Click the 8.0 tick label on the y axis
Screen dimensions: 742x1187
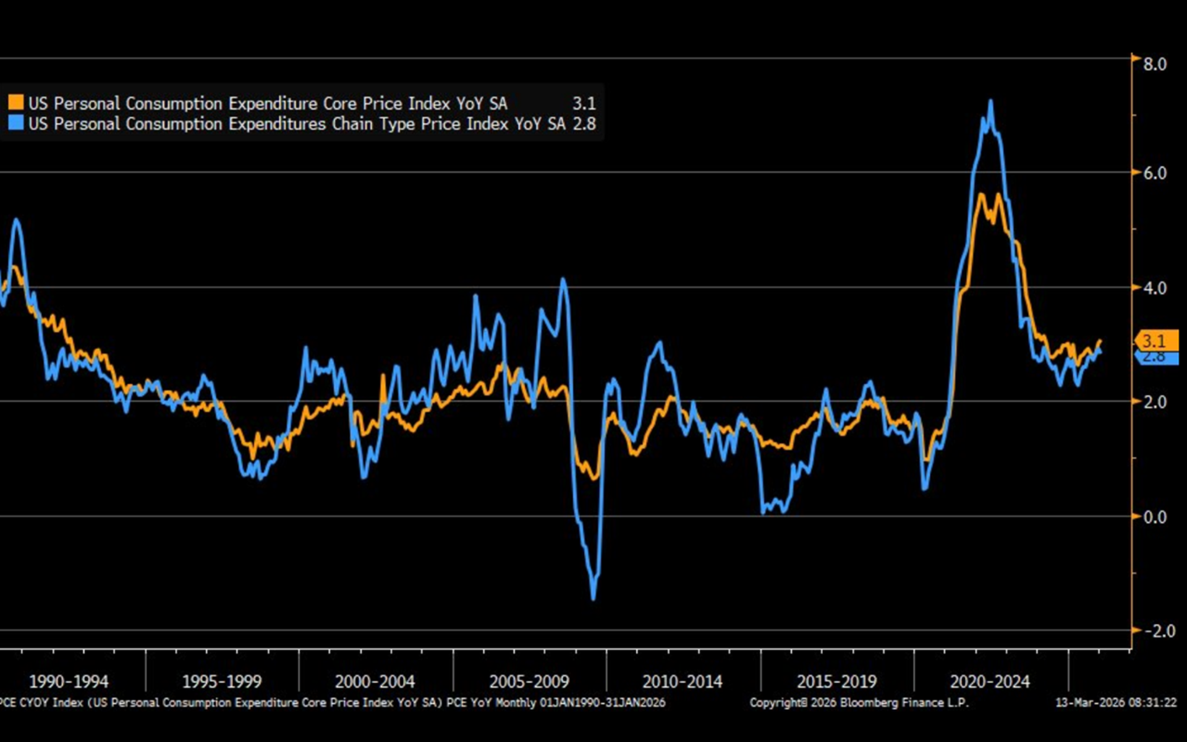(1154, 64)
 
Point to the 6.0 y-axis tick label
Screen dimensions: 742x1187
(1154, 173)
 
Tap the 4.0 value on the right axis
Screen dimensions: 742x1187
(1154, 288)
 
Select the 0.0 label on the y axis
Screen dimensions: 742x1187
(1154, 517)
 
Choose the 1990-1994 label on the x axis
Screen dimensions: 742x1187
(69, 682)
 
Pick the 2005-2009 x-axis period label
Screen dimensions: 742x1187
(529, 682)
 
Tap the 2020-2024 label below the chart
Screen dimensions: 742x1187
(990, 682)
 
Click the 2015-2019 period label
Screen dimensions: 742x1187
(836, 682)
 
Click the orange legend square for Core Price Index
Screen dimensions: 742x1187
(16, 102)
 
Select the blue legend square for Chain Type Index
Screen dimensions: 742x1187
(16, 122)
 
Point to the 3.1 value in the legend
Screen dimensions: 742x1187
(584, 103)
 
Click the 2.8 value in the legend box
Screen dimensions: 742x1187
(584, 124)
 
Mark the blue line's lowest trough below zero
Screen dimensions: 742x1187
(593, 597)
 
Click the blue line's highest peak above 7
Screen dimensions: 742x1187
(990, 101)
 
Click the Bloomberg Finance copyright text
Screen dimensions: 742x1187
(859, 702)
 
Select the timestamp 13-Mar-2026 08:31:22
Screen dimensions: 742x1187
(1115, 702)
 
